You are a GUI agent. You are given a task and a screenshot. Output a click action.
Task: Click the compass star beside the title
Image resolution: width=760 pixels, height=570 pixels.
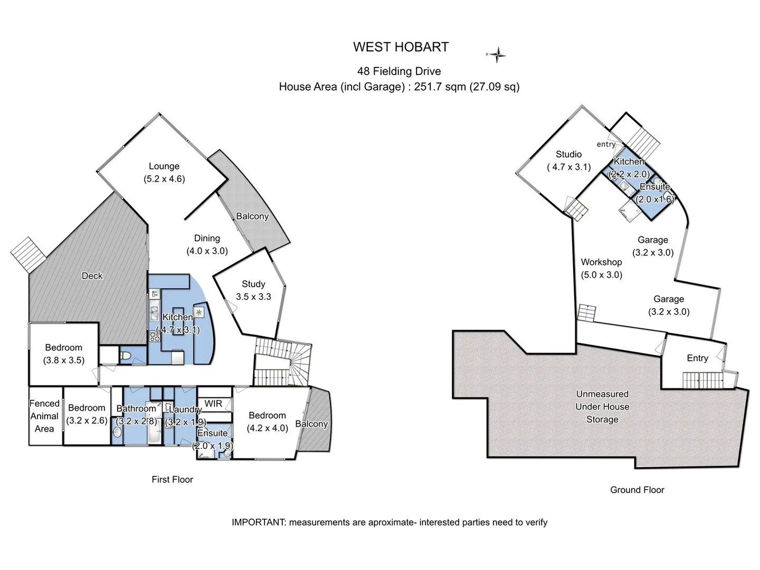[x=497, y=55]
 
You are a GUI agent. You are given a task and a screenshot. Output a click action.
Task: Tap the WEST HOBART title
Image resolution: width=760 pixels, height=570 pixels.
[x=401, y=47]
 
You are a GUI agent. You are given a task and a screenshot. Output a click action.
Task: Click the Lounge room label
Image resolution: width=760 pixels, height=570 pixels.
[x=164, y=166]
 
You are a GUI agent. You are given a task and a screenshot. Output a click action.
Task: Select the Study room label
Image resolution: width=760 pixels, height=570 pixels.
[x=253, y=284]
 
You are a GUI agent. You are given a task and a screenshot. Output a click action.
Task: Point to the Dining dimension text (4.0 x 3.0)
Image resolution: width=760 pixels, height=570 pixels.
[x=207, y=251]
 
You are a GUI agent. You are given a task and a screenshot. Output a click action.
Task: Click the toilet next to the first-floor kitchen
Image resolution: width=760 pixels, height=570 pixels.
[x=125, y=355]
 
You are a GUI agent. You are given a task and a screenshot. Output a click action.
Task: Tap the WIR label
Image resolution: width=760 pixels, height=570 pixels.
[x=213, y=404]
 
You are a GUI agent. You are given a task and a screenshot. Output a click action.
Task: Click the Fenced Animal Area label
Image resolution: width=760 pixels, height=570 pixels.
[x=44, y=416]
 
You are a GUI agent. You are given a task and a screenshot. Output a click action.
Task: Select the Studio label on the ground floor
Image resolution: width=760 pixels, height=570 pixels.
[x=568, y=154]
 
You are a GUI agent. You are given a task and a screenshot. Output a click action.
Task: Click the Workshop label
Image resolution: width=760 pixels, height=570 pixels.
[x=602, y=262]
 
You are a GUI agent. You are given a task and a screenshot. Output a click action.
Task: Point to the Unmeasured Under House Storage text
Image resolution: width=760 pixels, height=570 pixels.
[x=602, y=406]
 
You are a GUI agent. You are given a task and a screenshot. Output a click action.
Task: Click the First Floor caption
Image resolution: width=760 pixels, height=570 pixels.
[x=173, y=479]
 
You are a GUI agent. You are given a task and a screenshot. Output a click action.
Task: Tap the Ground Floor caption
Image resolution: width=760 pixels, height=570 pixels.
[x=637, y=490]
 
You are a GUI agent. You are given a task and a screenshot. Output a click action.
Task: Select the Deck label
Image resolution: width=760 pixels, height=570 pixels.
[x=92, y=276]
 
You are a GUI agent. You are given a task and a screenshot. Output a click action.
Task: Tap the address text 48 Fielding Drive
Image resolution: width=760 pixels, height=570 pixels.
[x=399, y=71]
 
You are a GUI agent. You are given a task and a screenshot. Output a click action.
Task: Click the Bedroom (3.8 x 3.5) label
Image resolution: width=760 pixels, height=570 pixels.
[x=64, y=354]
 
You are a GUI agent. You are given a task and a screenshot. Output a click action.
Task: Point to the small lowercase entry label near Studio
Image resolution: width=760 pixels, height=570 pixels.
[x=606, y=144]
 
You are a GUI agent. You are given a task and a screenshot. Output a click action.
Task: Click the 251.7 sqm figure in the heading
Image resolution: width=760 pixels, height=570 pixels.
[x=440, y=87]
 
